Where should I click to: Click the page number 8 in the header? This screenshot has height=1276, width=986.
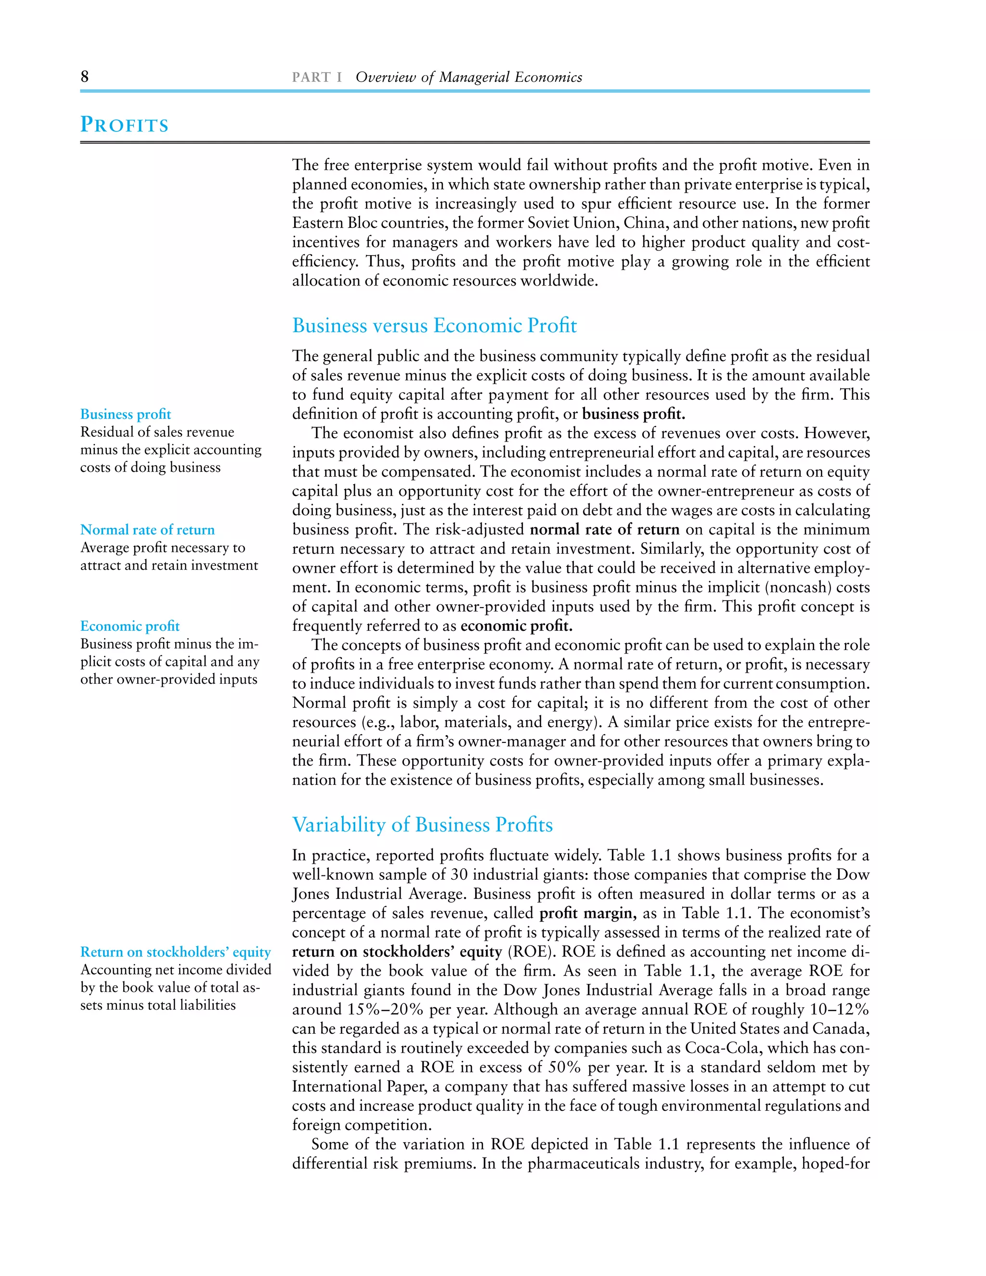tap(85, 77)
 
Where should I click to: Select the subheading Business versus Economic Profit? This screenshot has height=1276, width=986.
tap(434, 326)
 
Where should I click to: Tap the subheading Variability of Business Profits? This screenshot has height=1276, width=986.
tap(422, 824)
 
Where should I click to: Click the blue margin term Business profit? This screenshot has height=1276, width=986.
tap(126, 414)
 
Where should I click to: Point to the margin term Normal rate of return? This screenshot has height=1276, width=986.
tap(147, 530)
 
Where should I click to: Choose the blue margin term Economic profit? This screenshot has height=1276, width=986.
tap(130, 626)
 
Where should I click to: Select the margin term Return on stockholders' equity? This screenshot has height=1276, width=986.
tap(175, 952)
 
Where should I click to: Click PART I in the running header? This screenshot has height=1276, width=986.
tap(317, 77)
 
